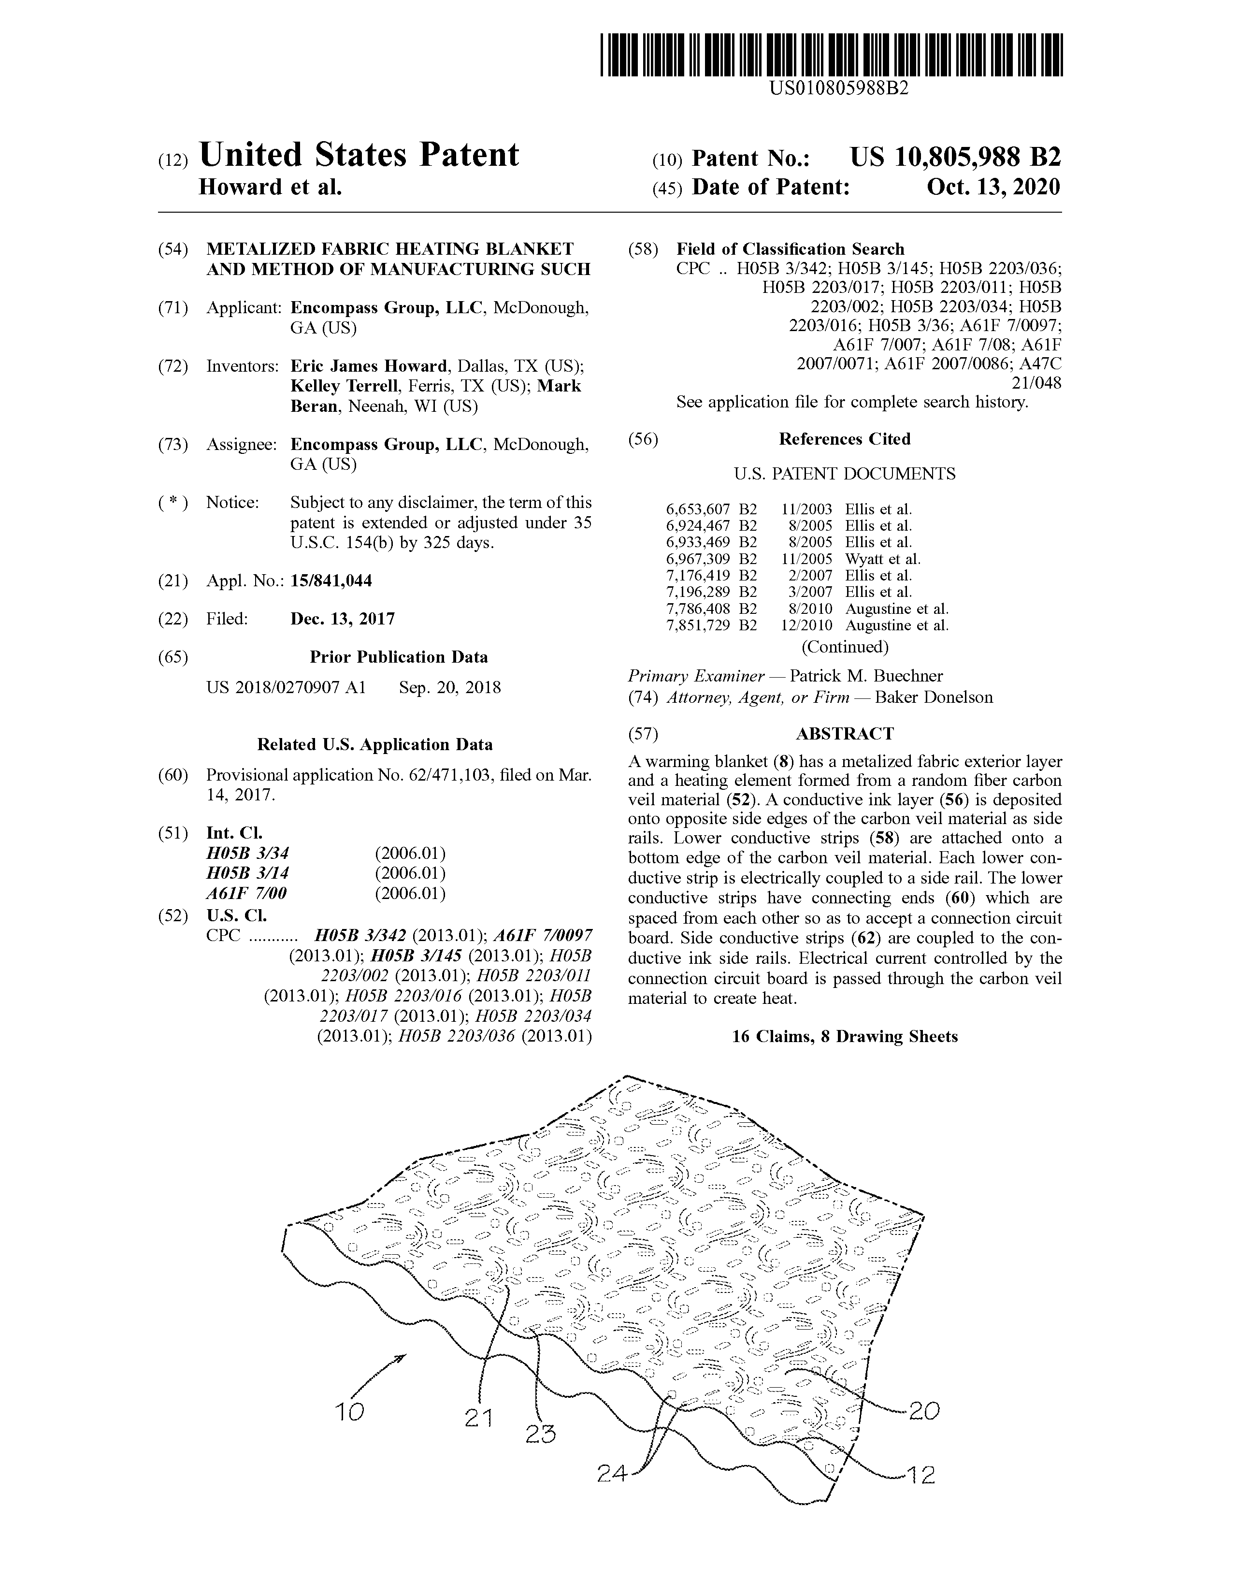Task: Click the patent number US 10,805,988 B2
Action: click(x=955, y=157)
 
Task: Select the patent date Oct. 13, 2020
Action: click(x=993, y=188)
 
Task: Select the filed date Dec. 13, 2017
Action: click(x=343, y=619)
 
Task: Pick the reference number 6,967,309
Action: click(x=698, y=559)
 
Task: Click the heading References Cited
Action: click(x=844, y=439)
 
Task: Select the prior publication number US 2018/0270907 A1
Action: click(x=286, y=687)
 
